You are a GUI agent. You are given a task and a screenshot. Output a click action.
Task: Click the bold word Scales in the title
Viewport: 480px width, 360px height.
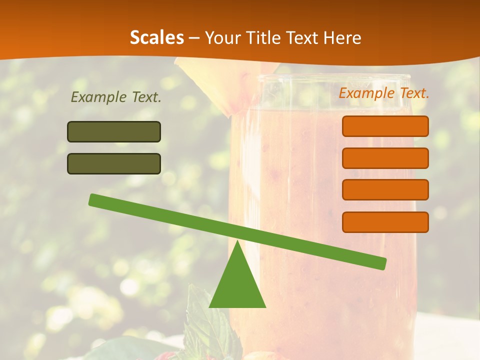(156, 37)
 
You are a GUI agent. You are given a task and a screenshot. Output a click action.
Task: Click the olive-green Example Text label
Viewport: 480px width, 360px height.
(116, 97)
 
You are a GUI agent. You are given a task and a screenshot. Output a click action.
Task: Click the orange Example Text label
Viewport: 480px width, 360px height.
(384, 93)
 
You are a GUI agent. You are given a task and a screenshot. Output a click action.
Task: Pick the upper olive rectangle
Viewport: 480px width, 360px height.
(114, 131)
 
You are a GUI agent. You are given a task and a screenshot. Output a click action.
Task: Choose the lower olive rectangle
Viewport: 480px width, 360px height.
(114, 163)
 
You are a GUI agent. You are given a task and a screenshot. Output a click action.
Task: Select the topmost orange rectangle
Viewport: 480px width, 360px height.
(385, 126)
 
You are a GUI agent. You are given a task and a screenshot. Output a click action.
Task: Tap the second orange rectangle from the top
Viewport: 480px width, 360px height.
(385, 158)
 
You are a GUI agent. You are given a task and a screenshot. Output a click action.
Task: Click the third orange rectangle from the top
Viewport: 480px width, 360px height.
(385, 189)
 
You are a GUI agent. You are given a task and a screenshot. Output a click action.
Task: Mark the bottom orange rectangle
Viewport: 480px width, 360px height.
(385, 222)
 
